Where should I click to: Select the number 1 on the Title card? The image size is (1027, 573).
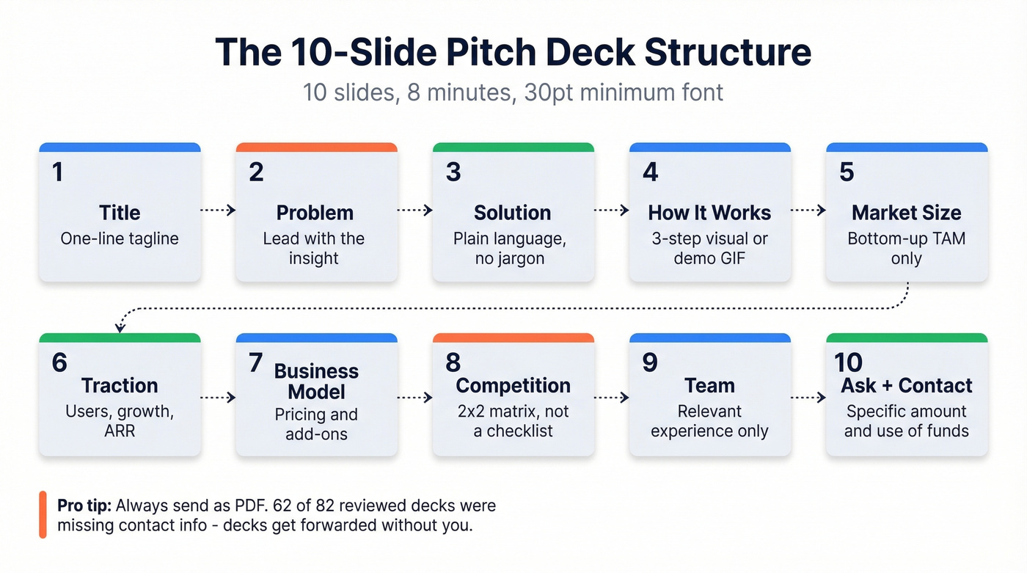pos(58,172)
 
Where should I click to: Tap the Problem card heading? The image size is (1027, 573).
pos(315,213)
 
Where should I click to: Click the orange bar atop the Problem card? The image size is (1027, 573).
pos(316,147)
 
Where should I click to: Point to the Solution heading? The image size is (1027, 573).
pos(512,213)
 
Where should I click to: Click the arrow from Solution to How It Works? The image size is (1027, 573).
pos(611,211)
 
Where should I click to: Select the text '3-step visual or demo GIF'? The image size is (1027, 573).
pos(709,248)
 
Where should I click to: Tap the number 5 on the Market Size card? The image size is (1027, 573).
pos(847,172)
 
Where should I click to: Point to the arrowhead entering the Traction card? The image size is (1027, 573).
pos(118,329)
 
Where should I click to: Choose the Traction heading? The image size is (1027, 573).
pos(120,385)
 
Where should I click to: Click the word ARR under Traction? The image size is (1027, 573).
pos(120,431)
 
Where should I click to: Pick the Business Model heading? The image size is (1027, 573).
pos(316,381)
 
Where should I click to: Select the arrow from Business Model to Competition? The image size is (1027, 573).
pos(414,398)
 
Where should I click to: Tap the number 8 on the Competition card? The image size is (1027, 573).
pos(453,362)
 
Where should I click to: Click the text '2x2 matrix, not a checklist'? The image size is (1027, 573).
pos(512,421)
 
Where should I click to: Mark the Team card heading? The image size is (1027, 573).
pos(709,385)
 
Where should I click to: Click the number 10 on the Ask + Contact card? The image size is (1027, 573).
pos(848,362)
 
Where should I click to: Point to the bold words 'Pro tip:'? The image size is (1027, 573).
pos(84,506)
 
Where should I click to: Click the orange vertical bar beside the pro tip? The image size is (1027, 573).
pos(43,514)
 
